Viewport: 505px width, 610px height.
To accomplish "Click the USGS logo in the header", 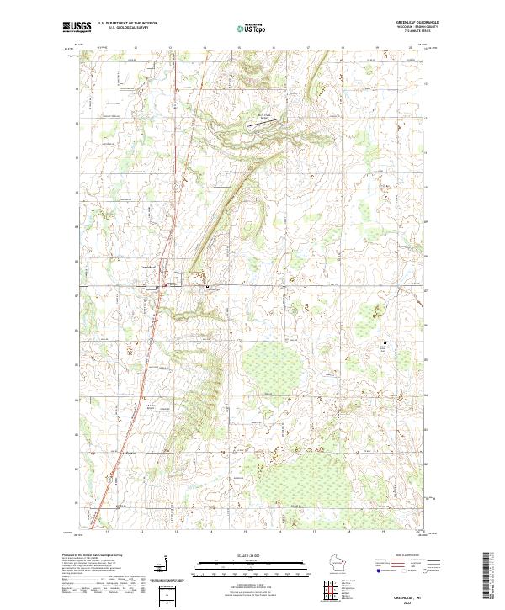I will [x=77, y=28].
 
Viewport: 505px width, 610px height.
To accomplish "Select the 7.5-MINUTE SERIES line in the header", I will [x=416, y=34].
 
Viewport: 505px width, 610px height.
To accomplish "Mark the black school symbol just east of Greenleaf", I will [x=208, y=287].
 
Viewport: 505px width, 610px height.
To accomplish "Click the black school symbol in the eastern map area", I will [x=385, y=343].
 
